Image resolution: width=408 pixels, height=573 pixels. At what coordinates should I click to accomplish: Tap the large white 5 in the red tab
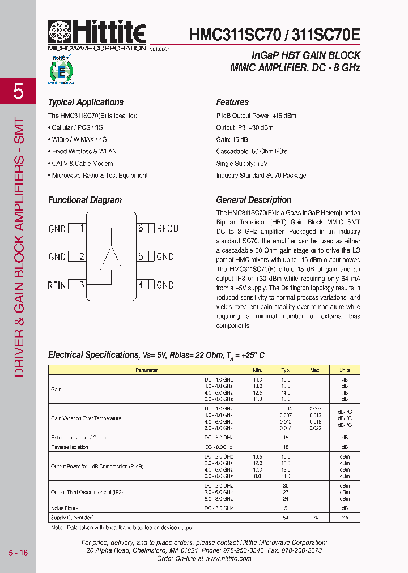18,91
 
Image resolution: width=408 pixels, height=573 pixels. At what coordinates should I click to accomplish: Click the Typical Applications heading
86,102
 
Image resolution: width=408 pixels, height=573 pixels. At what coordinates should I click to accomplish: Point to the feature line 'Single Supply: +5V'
242,164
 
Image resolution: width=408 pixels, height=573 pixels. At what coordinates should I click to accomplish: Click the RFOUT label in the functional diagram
170,229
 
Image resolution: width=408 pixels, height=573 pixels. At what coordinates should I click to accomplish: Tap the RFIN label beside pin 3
57,285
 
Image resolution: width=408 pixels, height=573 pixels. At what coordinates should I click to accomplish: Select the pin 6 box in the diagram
144,229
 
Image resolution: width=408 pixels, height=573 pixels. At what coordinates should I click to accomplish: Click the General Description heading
254,200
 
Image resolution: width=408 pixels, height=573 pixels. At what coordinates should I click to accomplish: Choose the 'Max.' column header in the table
315,370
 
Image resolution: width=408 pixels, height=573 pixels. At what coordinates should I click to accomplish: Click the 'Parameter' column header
146,370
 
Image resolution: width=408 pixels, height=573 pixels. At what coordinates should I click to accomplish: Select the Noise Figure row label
65,508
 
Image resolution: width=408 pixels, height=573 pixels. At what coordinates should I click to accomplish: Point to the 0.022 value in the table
315,428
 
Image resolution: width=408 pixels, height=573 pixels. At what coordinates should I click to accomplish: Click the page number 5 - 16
18,553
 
